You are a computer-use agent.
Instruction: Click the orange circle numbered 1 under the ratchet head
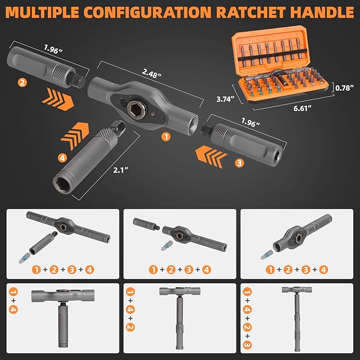coord(165,137)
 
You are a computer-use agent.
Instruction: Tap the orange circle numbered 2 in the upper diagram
coord(21,83)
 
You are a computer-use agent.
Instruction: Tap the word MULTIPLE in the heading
coord(45,12)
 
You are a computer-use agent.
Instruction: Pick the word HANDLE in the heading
coord(326,12)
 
